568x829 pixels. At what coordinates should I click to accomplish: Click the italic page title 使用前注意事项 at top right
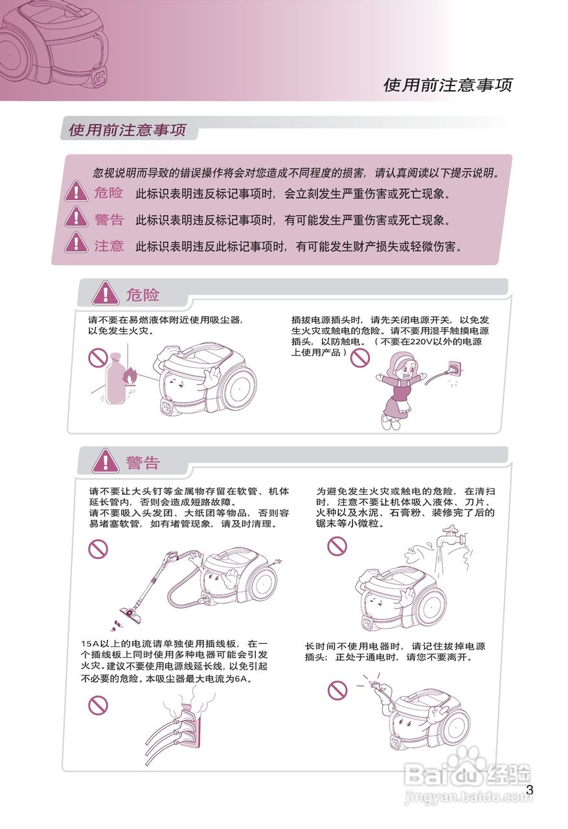448,85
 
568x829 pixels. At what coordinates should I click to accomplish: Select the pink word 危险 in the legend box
108,192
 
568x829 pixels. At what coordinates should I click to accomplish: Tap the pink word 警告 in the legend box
109,220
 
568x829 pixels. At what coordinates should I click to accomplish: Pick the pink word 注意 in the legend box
109,246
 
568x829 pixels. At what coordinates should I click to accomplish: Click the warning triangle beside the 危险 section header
105,294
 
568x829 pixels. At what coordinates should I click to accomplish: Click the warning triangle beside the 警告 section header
105,462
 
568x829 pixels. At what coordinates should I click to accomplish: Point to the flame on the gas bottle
131,375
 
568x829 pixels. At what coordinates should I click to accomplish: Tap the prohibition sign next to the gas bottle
98,357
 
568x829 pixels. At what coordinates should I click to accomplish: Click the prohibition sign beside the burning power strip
98,705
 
